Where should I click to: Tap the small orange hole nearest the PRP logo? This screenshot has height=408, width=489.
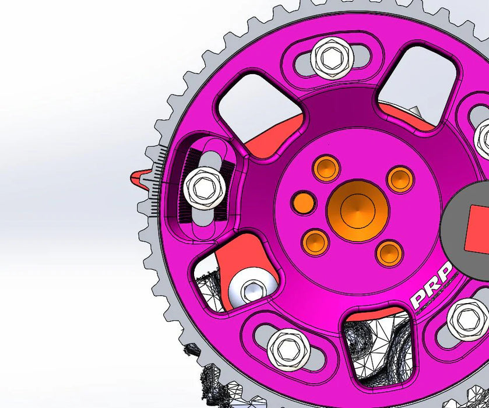point(389,251)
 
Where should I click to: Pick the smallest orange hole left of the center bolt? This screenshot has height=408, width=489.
point(303,202)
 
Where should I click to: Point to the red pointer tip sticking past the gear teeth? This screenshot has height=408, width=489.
point(138,178)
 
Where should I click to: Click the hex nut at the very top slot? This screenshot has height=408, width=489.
point(329,55)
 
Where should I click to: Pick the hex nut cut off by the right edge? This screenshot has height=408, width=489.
point(483,138)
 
